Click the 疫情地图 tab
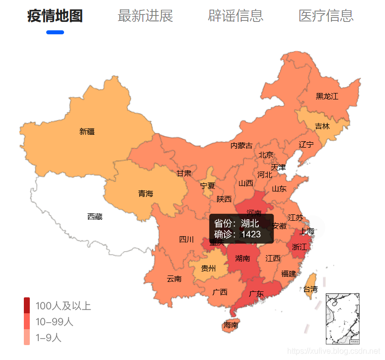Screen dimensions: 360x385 pyautogui.click(x=55, y=16)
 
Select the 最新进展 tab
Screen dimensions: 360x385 pyautogui.click(x=145, y=16)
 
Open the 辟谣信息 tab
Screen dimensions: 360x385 pyautogui.click(x=235, y=16)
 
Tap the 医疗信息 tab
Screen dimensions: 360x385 pyautogui.click(x=326, y=16)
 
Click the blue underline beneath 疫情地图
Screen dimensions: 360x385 pyautogui.click(x=55, y=33)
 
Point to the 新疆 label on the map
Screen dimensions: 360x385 pyautogui.click(x=87, y=132)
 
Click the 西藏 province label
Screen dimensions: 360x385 pyautogui.click(x=95, y=216)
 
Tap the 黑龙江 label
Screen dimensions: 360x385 pyautogui.click(x=327, y=96)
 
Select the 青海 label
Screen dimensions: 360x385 pyautogui.click(x=146, y=193)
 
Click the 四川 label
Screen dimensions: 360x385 pyautogui.click(x=186, y=239)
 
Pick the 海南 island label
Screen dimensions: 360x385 pyautogui.click(x=231, y=325)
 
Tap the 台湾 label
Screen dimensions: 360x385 pyautogui.click(x=310, y=289)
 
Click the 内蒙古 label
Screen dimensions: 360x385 pyautogui.click(x=241, y=146)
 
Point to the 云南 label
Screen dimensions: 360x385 pyautogui.click(x=174, y=279)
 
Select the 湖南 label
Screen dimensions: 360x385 pyautogui.click(x=242, y=258)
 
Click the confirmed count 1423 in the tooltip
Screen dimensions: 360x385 pyautogui.click(x=251, y=234)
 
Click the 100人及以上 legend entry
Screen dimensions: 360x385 pyautogui.click(x=63, y=305)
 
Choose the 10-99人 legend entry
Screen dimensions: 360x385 pyautogui.click(x=54, y=322)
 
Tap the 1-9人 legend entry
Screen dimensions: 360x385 pyautogui.click(x=48, y=338)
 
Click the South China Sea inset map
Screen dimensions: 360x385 pyautogui.click(x=342, y=319)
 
